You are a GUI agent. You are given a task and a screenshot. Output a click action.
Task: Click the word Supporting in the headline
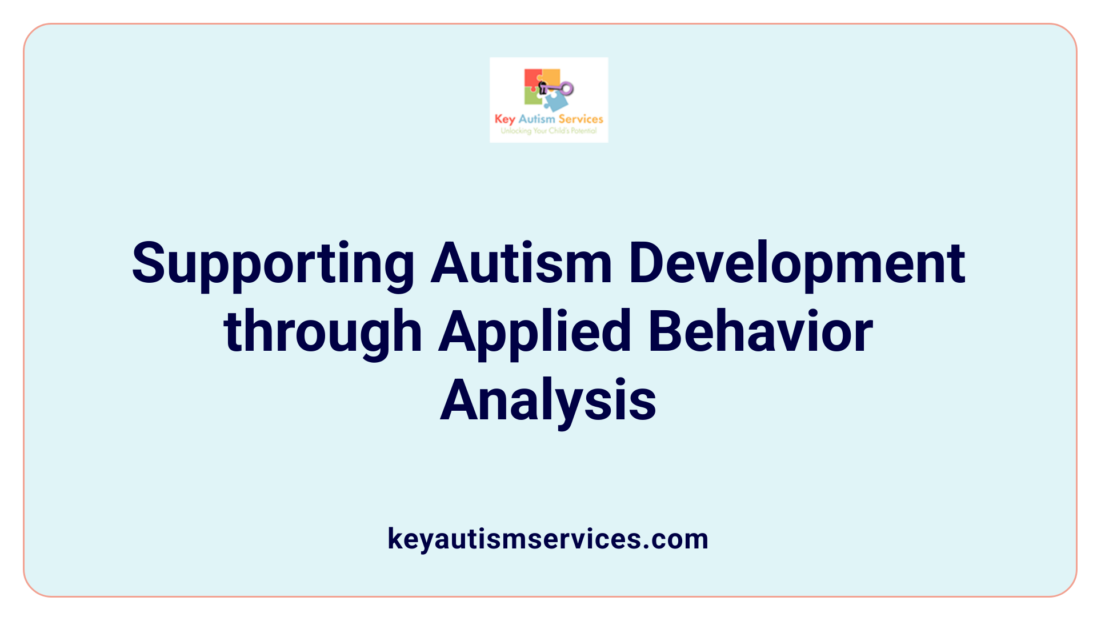point(273,264)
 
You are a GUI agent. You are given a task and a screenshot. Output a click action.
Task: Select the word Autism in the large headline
point(521,264)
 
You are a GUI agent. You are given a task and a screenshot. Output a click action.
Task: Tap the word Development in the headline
point(796,264)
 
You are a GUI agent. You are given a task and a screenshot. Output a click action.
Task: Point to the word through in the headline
point(323,332)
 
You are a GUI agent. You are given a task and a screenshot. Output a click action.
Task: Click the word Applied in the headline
point(535,332)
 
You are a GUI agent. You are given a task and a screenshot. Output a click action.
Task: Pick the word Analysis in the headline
point(548,401)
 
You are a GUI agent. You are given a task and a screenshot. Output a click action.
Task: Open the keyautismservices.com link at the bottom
point(548,539)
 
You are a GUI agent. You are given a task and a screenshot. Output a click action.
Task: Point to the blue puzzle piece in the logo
point(555,102)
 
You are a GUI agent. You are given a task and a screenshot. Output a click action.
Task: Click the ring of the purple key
point(567,89)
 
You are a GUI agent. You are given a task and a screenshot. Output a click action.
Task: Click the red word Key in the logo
point(505,119)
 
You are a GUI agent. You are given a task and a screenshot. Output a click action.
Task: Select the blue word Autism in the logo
point(537,119)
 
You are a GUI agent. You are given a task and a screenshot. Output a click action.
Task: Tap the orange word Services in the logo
point(580,119)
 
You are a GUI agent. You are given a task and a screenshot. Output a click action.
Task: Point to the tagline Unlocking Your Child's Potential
point(548,131)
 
